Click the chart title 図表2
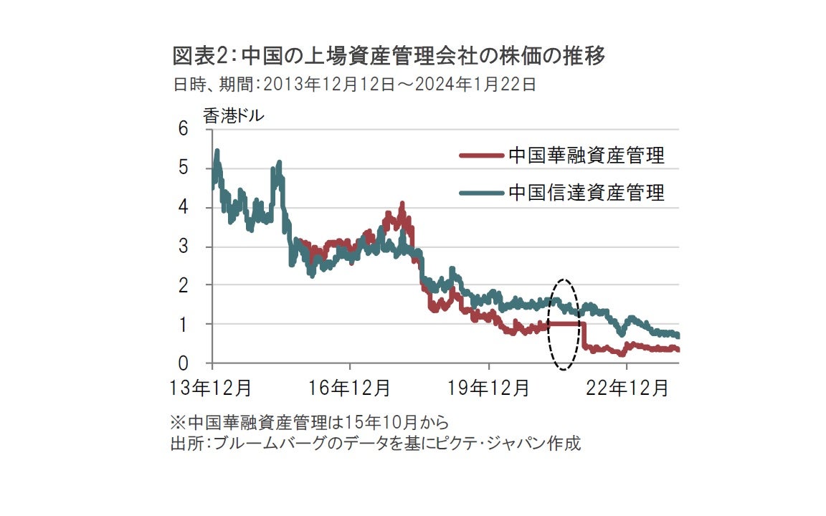[387, 56]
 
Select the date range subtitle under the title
[354, 85]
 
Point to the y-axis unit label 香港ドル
[234, 116]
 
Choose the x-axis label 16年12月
[351, 388]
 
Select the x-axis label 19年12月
[490, 388]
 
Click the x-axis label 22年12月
[628, 388]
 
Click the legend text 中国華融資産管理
[587, 156]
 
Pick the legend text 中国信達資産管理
[587, 192]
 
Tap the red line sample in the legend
[481, 156]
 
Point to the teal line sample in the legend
[481, 192]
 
